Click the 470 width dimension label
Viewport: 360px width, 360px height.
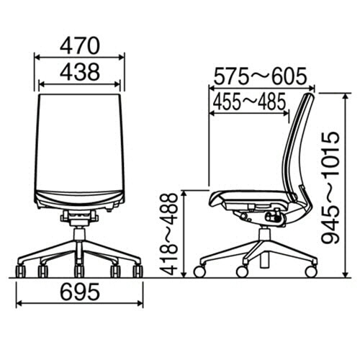[80, 46]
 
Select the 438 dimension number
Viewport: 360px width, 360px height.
[80, 72]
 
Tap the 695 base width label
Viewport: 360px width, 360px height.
[80, 292]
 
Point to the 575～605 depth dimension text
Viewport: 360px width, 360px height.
[260, 76]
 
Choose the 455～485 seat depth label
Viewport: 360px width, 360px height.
[250, 102]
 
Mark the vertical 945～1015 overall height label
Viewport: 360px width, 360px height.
[330, 188]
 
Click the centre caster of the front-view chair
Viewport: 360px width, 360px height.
[79, 271]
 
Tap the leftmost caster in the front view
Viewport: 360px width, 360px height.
[20, 271]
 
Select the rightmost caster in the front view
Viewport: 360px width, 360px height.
[138, 271]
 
